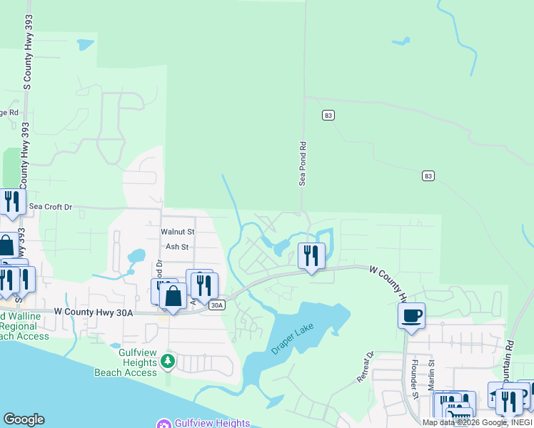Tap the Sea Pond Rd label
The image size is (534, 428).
coord(303,163)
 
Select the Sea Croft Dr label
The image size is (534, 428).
coord(51,207)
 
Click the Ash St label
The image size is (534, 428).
coord(176,247)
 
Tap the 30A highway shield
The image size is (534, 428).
coord(218,305)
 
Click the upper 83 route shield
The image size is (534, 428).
coord(328,115)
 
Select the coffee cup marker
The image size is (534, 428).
coord(411,315)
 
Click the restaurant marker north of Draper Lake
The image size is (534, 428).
coord(311,255)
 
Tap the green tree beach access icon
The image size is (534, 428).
coord(168,361)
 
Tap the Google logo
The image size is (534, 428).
coord(24,419)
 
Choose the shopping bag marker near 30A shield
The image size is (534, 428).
coord(173,295)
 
